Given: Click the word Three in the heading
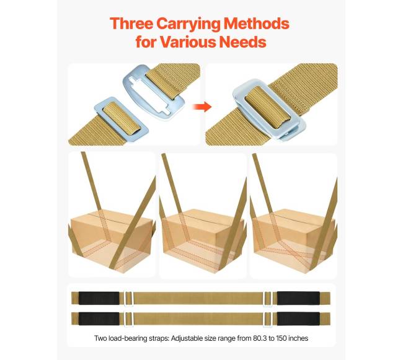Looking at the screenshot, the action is tap(131, 24).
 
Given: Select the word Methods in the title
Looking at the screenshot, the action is tap(257, 24).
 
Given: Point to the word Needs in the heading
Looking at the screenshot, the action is tap(243, 42).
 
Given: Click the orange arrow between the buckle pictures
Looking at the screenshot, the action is tap(202, 107).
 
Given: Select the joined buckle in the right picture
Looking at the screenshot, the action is tap(269, 110).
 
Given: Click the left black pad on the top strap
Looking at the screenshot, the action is tap(99, 298).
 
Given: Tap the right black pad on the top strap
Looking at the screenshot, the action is tap(298, 298).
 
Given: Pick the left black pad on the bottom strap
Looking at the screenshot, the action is tap(99, 318).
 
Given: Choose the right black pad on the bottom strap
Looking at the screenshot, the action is tap(298, 318).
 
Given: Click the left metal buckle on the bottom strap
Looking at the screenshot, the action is tap(128, 319).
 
